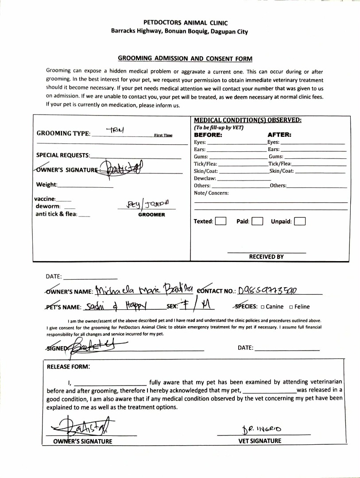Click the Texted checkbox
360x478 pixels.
[x=221, y=221]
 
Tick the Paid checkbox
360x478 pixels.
[x=257, y=221]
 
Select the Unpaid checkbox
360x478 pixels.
[x=300, y=221]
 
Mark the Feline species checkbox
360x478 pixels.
[x=291, y=307]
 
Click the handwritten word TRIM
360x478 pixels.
[x=116, y=130]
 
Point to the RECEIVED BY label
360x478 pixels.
[x=266, y=257]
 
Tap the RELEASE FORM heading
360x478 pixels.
[x=69, y=366]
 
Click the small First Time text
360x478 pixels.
[x=163, y=135]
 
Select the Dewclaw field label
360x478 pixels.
[x=205, y=178]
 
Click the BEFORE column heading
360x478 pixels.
[x=208, y=135]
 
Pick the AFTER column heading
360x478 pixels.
[x=279, y=135]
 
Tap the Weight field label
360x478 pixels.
[x=46, y=185]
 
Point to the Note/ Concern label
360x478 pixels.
[x=211, y=193]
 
